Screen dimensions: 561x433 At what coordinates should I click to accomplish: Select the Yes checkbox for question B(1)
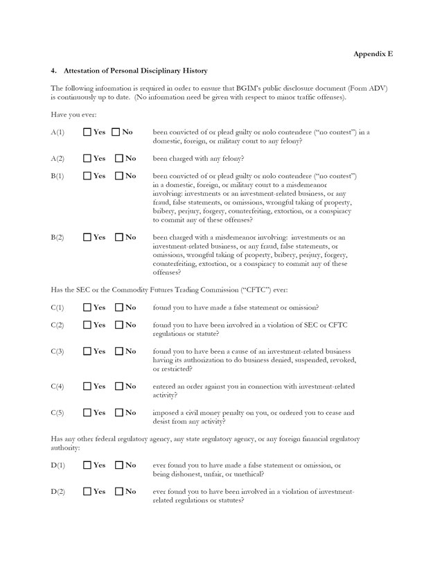(x=87, y=177)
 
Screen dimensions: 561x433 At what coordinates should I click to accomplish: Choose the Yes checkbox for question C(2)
(x=87, y=325)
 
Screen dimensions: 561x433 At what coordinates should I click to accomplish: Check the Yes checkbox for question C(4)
(x=87, y=386)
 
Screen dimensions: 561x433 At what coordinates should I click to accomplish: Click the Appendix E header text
(x=373, y=54)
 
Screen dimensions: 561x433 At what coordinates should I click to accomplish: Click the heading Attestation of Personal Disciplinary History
(x=135, y=71)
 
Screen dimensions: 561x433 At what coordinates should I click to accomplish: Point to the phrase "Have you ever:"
(x=72, y=113)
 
